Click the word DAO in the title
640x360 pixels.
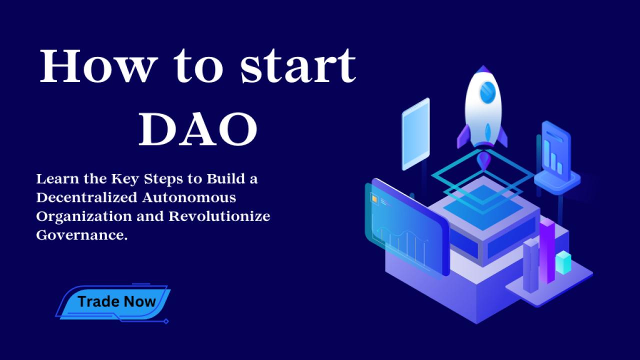coord(198,129)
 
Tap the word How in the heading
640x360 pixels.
coord(98,66)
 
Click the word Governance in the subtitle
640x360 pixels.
coord(81,235)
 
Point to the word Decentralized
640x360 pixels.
coord(87,197)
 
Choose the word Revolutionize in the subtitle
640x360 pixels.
coord(219,216)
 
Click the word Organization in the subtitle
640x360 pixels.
coord(84,217)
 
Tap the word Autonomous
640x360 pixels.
coord(189,197)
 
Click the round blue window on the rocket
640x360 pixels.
coord(487,92)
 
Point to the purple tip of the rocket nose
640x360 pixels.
coord(483,69)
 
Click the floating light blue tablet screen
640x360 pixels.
coord(415,134)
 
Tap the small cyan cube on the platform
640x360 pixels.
coord(563,262)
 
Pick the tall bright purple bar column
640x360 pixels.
coord(547,251)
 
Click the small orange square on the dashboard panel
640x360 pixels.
coord(374,199)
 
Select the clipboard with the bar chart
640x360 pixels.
coord(556,151)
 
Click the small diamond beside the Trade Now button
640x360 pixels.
coord(166,321)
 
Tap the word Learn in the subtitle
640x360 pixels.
coord(57,179)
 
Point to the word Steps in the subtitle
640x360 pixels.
coord(163,179)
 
